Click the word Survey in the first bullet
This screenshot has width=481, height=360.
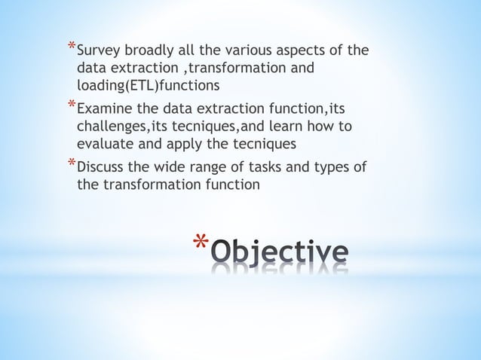pyautogui.click(x=100, y=52)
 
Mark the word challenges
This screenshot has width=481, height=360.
pyautogui.click(x=109, y=126)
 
